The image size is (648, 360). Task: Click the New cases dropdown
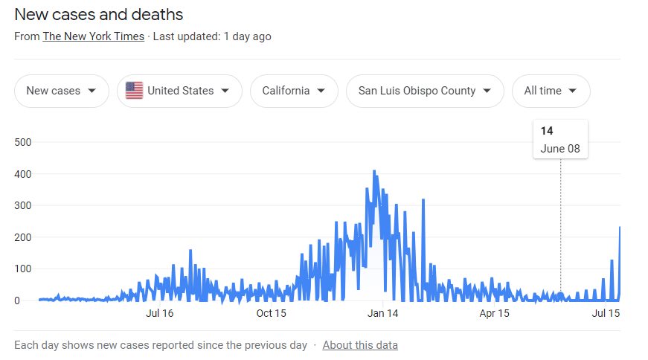pos(61,91)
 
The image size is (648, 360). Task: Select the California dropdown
pos(294,91)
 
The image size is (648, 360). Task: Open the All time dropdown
pos(551,91)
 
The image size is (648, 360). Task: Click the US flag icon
pos(134,91)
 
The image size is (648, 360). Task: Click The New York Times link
pos(94,36)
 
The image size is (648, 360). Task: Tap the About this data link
pos(360,345)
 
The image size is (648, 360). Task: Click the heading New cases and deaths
pos(99,14)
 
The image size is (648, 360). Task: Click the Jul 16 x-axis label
pos(159,314)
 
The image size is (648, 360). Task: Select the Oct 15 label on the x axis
pos(271,314)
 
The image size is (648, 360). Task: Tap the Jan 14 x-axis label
pos(382,314)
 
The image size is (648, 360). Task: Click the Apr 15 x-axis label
pos(494,314)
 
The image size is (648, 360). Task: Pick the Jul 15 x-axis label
pos(606,314)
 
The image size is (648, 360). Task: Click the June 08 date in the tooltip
pos(560,148)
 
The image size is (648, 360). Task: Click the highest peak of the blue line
pos(374,171)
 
